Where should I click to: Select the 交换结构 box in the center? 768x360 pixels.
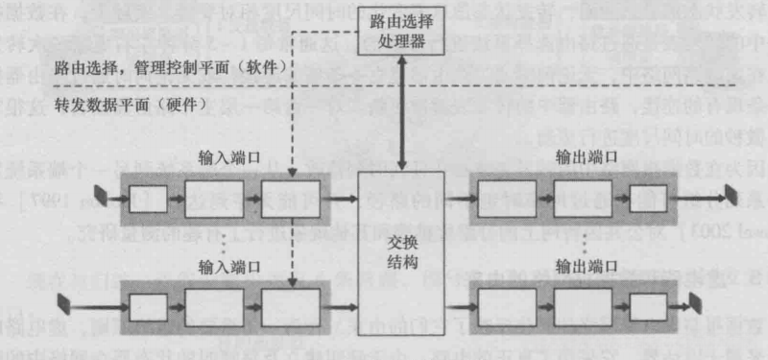pyautogui.click(x=400, y=252)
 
